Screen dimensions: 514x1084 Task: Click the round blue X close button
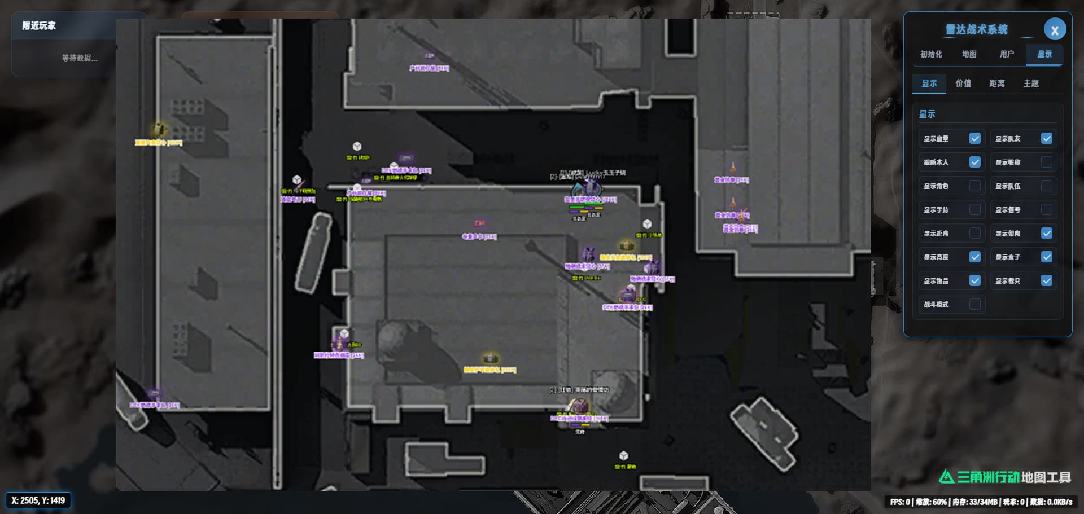tap(1054, 30)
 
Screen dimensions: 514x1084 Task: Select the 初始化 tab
tap(931, 54)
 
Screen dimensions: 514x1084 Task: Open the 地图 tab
tap(969, 54)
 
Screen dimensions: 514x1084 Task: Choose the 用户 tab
tap(1007, 54)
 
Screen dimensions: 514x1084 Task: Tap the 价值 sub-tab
tap(963, 84)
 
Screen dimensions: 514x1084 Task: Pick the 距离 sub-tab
tap(997, 84)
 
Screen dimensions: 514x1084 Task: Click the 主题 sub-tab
tap(1031, 84)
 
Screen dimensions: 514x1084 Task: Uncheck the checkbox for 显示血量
tap(974, 139)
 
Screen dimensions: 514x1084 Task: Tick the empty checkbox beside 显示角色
tap(974, 186)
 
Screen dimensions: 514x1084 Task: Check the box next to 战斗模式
tap(974, 305)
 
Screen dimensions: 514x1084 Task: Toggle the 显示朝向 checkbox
tap(1046, 234)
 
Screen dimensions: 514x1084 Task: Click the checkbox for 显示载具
tap(1046, 281)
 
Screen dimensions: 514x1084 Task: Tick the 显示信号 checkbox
tap(1046, 210)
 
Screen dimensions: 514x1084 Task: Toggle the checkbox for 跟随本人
tap(974, 162)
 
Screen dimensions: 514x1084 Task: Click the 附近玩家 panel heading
tap(39, 26)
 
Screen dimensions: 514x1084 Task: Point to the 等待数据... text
tap(80, 58)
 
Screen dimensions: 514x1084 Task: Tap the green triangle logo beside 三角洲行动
tap(946, 477)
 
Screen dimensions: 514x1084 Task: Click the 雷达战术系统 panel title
tap(976, 30)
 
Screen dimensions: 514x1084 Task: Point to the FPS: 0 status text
tap(899, 502)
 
